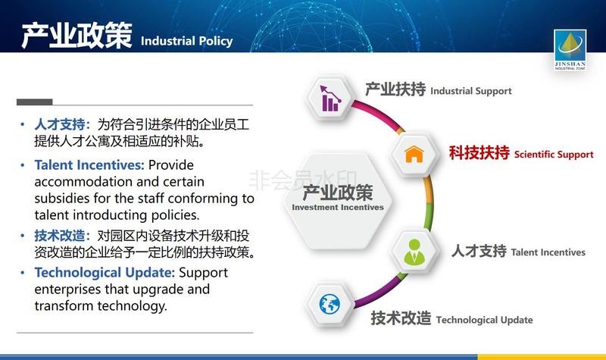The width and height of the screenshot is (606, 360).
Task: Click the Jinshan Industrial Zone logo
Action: coord(570,50)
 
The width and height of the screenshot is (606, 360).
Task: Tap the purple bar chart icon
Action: coord(330,99)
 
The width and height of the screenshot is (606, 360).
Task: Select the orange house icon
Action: coord(414,155)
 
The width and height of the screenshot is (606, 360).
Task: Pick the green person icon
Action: coord(414,252)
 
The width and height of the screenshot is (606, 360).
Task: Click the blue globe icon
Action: coord(330,304)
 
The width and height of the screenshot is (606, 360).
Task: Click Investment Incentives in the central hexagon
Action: coord(338,207)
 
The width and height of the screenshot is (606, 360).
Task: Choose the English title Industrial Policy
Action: coord(186,41)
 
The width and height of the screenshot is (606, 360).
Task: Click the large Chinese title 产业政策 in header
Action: coord(77,36)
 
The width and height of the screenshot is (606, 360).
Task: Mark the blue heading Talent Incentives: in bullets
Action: coord(89,165)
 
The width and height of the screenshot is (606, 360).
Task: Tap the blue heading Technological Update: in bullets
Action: coord(105,273)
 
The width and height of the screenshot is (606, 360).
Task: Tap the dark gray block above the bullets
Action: coord(34,102)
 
